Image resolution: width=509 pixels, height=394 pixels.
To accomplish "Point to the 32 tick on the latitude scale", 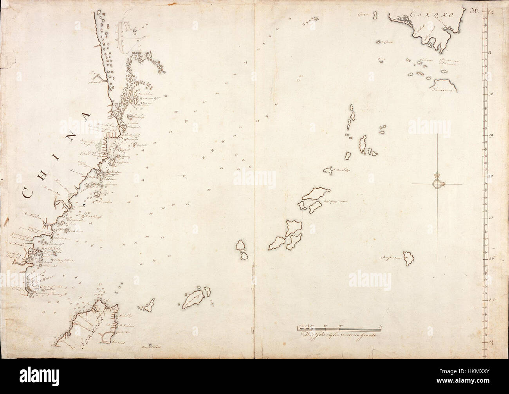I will click(x=491, y=12).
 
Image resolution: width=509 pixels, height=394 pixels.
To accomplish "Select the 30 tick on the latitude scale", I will click(x=491, y=94).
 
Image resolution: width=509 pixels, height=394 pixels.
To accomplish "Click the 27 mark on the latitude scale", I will click(x=491, y=218).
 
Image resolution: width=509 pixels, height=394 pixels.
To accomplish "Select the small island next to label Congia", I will click(x=375, y=16).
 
